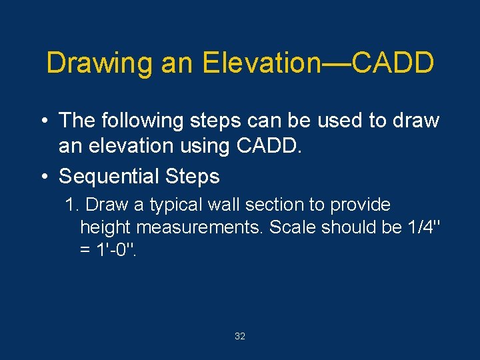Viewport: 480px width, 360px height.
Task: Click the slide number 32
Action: (240, 337)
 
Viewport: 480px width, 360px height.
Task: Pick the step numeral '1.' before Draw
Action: (73, 205)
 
